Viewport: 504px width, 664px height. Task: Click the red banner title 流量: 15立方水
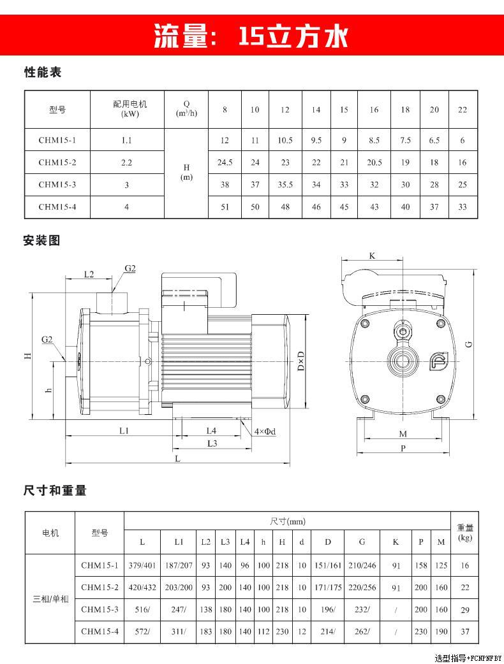click(251, 36)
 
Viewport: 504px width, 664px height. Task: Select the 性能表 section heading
click(42, 73)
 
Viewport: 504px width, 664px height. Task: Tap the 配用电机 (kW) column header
click(130, 109)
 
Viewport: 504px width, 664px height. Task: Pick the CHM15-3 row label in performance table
click(57, 185)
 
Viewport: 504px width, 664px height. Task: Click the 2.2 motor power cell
click(127, 162)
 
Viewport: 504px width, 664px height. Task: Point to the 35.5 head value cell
click(285, 185)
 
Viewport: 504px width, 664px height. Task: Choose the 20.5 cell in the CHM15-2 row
click(374, 162)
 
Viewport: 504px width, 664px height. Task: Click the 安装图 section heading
click(42, 241)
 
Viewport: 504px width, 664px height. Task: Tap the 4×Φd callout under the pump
click(265, 431)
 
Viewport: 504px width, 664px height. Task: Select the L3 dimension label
click(212, 443)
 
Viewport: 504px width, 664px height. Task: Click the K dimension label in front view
click(372, 256)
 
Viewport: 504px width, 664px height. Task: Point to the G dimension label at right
click(469, 344)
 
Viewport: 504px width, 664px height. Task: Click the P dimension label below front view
click(403, 449)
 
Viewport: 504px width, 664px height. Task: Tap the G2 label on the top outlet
click(130, 268)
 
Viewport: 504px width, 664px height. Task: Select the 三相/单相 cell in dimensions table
click(50, 599)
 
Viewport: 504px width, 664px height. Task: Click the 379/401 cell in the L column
click(142, 565)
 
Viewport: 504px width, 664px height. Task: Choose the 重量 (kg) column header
click(465, 533)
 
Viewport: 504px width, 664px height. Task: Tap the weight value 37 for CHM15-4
click(465, 632)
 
